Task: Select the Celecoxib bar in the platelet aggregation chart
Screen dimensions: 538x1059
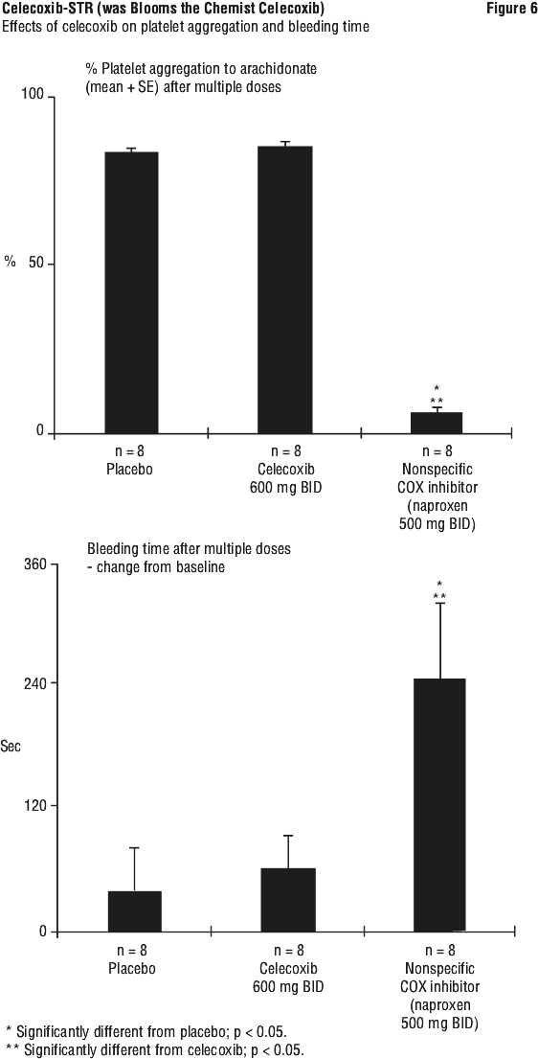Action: tap(285, 289)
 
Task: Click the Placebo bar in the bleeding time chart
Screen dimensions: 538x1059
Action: tap(134, 911)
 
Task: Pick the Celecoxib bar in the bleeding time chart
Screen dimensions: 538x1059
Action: tap(288, 900)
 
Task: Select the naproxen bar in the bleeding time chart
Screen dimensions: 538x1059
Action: tap(439, 805)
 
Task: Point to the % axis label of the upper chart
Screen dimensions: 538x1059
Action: tap(11, 262)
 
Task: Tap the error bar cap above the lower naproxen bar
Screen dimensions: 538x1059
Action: tap(439, 603)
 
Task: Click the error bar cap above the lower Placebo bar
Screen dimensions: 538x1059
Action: tap(134, 847)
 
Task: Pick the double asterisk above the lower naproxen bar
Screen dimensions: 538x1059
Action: tap(439, 596)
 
